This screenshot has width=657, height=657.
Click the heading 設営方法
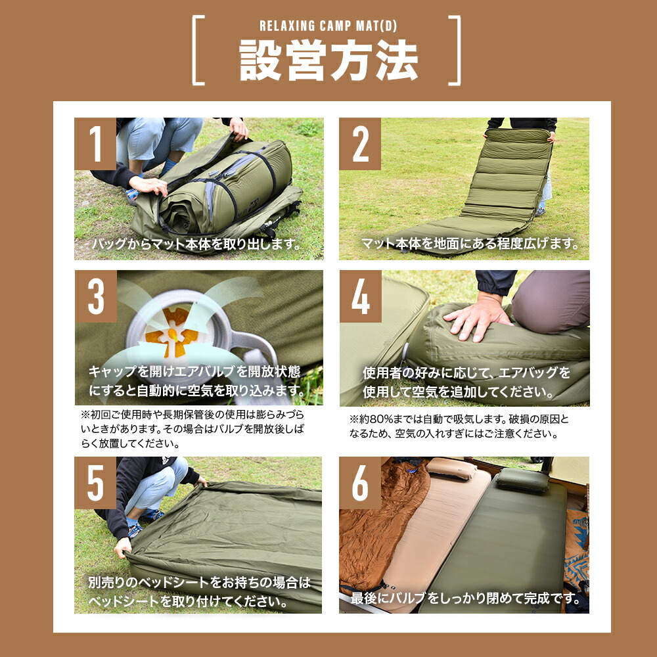[328, 60]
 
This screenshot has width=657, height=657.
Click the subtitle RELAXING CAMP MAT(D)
[328, 27]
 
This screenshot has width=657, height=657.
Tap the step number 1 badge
[96, 144]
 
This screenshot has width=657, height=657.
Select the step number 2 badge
[360, 144]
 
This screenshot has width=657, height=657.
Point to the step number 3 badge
[96, 296]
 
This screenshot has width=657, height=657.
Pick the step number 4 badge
[360, 296]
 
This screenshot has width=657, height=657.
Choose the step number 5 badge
[96, 483]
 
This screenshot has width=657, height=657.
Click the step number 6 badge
[360, 483]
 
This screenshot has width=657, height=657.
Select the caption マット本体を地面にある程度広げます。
[470, 244]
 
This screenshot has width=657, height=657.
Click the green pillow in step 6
[522, 480]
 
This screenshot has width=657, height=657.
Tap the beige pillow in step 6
[452, 468]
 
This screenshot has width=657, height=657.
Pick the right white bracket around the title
[455, 51]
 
